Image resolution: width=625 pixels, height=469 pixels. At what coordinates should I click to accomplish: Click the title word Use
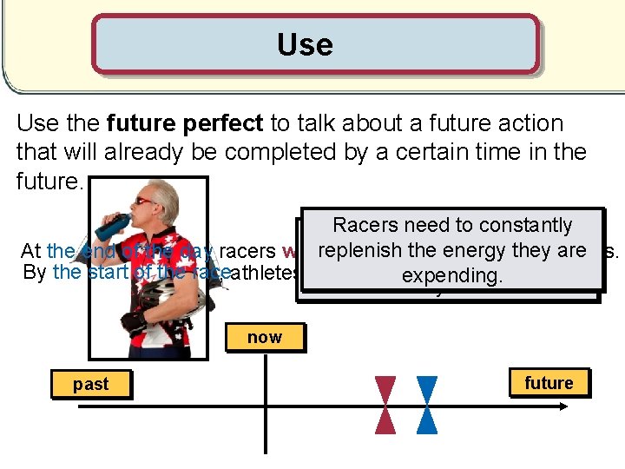click(x=305, y=44)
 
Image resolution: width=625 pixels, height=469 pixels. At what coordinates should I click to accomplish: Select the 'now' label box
click(x=264, y=337)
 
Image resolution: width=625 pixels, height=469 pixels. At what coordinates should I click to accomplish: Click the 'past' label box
click(x=90, y=384)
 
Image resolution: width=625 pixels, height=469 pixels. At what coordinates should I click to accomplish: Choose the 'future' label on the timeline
click(x=549, y=383)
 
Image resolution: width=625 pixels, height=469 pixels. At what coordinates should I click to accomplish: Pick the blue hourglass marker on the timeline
click(x=426, y=405)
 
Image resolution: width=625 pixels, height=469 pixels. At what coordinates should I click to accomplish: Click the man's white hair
click(x=164, y=195)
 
